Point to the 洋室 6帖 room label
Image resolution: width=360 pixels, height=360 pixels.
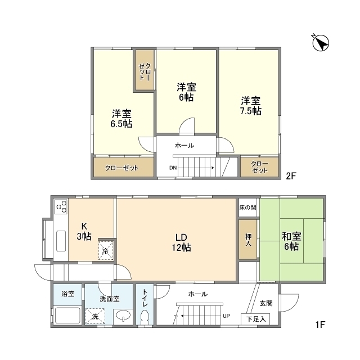(x=186, y=92)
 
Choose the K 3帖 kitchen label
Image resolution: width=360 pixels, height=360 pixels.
(x=84, y=232)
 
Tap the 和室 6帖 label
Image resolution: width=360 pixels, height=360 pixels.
(x=291, y=241)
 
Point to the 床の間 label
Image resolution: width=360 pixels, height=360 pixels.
(x=247, y=208)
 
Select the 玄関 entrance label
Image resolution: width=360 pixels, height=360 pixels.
(x=265, y=303)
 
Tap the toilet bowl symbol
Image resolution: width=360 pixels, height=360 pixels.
(x=145, y=316)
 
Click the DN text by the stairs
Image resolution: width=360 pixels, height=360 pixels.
(x=173, y=168)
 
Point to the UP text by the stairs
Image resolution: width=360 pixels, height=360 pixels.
(x=226, y=316)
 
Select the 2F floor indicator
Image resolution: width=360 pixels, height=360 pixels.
(x=291, y=175)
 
